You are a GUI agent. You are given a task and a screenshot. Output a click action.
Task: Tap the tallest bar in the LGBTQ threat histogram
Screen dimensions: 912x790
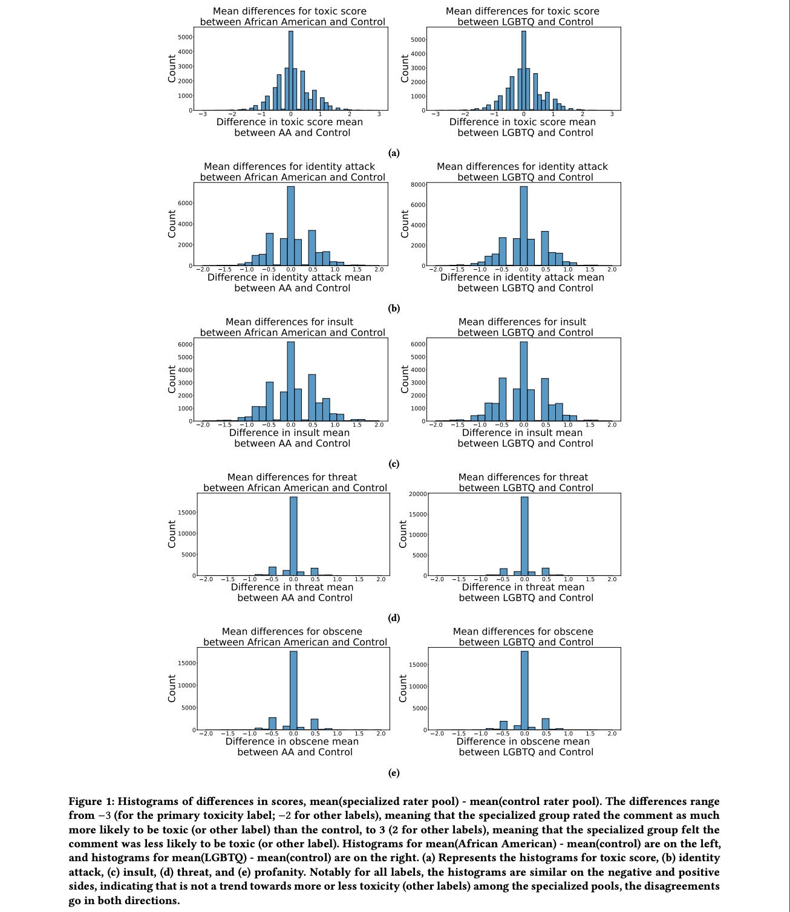tap(524, 536)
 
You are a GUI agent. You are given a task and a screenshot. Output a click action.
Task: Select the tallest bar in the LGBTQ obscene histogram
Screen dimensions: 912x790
tap(524, 690)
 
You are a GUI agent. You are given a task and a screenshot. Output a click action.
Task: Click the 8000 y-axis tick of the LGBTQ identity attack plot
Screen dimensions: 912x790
tap(417, 185)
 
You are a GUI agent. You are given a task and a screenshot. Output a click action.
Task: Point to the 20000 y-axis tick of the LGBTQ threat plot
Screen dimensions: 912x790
tap(417, 494)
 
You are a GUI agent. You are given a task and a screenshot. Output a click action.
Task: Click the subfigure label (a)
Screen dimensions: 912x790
tap(394, 153)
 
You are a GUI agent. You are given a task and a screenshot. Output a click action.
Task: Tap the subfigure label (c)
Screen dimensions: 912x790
tap(394, 464)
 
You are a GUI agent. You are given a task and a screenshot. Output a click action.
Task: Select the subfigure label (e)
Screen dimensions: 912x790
tap(394, 773)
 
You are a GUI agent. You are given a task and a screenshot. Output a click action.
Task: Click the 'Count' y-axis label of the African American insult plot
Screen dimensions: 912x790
tap(172, 379)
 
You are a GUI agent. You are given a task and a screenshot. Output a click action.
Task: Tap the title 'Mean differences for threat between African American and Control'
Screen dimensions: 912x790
tap(294, 483)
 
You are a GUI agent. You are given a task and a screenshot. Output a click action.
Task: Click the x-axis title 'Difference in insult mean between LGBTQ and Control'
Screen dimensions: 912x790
tap(524, 438)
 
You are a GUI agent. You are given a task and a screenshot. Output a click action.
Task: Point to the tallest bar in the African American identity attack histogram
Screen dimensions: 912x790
tap(290, 226)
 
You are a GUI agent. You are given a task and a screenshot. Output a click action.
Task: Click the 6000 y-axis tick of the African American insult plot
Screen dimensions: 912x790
tap(185, 344)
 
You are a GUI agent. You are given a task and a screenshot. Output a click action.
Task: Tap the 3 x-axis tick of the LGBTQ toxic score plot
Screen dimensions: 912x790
tap(612, 114)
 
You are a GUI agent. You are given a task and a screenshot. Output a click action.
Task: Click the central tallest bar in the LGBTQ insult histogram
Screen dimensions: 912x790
tap(524, 381)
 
